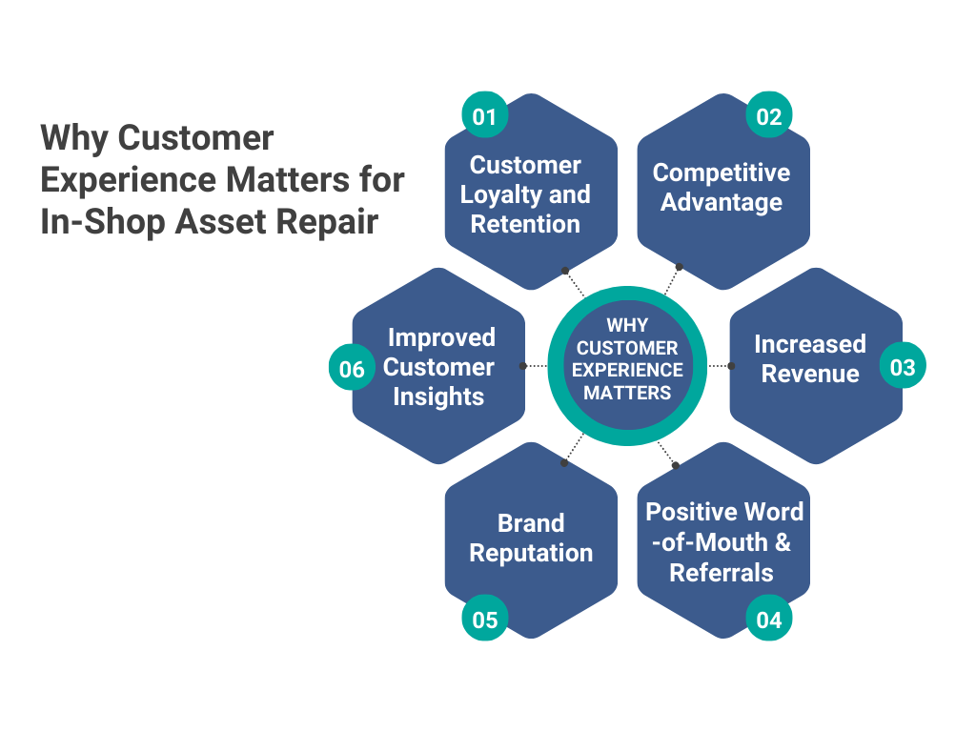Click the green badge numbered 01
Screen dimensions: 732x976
pyautogui.click(x=485, y=116)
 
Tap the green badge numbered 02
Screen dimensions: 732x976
pyautogui.click(x=769, y=116)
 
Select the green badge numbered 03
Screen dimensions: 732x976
pyautogui.click(x=903, y=368)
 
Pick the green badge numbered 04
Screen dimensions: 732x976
pyautogui.click(x=769, y=620)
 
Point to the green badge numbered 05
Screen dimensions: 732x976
pyautogui.click(x=485, y=620)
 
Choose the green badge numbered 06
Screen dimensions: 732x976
pyautogui.click(x=352, y=369)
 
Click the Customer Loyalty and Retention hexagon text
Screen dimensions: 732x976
pyautogui.click(x=525, y=194)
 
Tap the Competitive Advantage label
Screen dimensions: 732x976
pyautogui.click(x=722, y=187)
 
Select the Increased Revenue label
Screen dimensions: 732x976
pyautogui.click(x=810, y=358)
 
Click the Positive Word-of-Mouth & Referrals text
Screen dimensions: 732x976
pyautogui.click(x=723, y=541)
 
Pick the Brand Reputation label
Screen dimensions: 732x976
pyautogui.click(x=531, y=538)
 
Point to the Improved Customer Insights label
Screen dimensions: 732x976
pyautogui.click(x=439, y=367)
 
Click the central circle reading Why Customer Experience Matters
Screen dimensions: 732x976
pyautogui.click(x=627, y=366)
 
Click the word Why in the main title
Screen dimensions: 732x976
pyautogui.click(x=74, y=138)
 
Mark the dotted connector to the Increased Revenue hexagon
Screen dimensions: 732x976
pyautogui.click(x=719, y=366)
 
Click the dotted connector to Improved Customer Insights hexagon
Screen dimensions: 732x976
pyautogui.click(x=536, y=366)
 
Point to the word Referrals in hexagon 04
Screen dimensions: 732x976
pyautogui.click(x=722, y=573)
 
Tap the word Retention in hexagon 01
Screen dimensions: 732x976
pyautogui.click(x=525, y=224)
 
